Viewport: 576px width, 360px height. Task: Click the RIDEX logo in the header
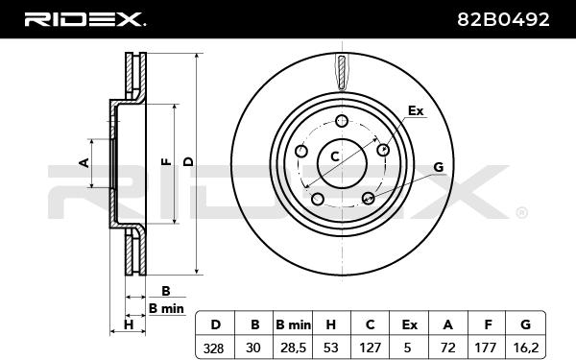pos(84,19)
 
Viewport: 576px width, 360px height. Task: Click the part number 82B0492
pos(503,19)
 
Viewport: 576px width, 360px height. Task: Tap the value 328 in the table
pos(213,348)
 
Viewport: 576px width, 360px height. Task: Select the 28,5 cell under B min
pos(293,348)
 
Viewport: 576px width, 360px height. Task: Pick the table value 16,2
pos(525,348)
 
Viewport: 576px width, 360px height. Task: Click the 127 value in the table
pos(370,348)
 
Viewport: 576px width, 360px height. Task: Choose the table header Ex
pos(409,324)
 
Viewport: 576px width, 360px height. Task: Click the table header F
pos(488,324)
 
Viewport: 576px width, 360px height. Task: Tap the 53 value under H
pos(331,348)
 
